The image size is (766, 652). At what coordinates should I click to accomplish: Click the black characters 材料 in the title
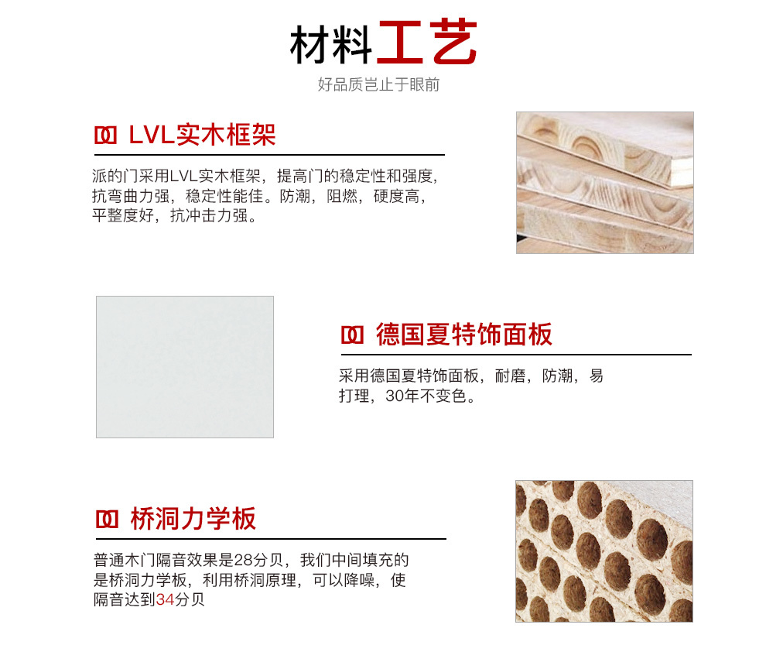pos(331,45)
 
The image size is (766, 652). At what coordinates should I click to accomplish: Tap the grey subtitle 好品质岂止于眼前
pos(378,84)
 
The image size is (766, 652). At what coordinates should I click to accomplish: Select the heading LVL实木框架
pos(202,135)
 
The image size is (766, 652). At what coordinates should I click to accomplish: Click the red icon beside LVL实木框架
pos(105,136)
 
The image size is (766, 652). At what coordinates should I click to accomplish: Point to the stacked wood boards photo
pos(605,183)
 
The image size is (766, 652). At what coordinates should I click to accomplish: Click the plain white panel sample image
pos(185,366)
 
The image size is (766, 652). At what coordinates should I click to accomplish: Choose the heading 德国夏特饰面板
pos(464,335)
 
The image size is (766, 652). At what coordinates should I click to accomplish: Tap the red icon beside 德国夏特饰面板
pos(352,335)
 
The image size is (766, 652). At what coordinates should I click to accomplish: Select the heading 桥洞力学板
pos(193,519)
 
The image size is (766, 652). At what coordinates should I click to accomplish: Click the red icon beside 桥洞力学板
pos(107,520)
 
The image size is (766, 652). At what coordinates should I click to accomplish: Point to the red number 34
pos(165,599)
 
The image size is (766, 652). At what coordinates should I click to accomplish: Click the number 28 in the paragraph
pos(243,560)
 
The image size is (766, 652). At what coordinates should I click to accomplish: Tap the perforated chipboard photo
pos(604,551)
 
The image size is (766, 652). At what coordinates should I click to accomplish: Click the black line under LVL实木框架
pos(270,155)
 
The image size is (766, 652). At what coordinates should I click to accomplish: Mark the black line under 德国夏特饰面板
pos(516,355)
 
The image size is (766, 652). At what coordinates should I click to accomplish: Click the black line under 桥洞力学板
pos(271,539)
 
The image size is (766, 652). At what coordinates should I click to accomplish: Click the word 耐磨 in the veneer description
pos(510,376)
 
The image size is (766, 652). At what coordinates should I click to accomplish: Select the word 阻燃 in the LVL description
pos(342,196)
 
